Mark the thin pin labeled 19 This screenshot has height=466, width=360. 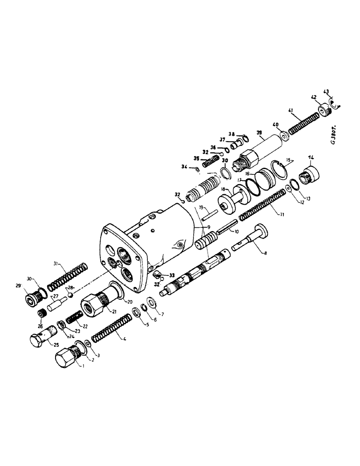click(209, 215)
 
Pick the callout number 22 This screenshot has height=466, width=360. click(85, 325)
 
